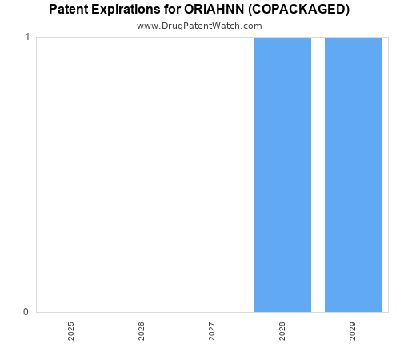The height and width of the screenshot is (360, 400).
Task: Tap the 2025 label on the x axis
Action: (x=71, y=331)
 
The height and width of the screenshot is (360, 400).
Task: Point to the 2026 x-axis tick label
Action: (x=142, y=331)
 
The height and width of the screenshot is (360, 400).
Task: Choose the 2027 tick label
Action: (x=212, y=331)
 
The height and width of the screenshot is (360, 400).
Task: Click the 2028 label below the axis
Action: (x=282, y=331)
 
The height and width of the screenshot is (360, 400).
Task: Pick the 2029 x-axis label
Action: (x=353, y=331)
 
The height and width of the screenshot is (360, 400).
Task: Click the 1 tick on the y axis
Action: (x=27, y=38)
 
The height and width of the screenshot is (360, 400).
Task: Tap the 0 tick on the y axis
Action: (x=27, y=312)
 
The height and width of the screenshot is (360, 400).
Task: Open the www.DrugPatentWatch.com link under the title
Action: (x=199, y=26)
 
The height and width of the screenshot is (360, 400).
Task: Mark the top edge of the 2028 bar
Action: (x=282, y=38)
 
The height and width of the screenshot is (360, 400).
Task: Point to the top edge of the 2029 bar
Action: (x=353, y=38)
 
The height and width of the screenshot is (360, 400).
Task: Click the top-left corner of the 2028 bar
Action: (x=255, y=38)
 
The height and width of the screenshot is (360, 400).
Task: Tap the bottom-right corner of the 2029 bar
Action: (x=381, y=311)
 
